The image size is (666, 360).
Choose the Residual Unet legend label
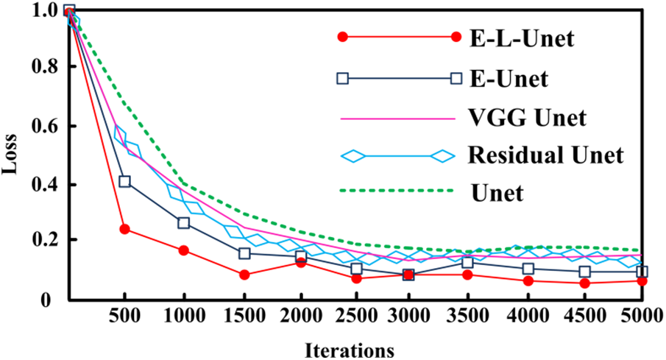[x=545, y=156]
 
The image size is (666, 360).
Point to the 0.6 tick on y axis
[x=46, y=126]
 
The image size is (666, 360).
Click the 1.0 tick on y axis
[x=46, y=10]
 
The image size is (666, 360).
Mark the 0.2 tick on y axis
[x=46, y=241]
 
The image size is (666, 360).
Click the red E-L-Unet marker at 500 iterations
[x=125, y=229]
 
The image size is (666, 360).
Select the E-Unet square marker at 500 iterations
[x=125, y=181]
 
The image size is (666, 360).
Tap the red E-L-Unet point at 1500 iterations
[x=244, y=275]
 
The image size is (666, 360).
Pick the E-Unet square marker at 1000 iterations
[x=184, y=223]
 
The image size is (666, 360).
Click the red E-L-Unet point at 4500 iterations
[x=584, y=283]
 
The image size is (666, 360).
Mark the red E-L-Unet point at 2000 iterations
[x=300, y=262]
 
